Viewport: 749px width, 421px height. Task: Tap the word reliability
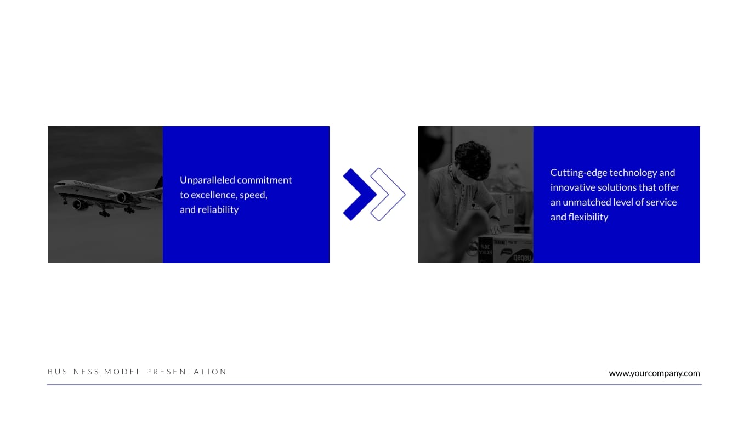[218, 210]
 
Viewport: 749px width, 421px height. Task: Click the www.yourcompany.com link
[654, 373]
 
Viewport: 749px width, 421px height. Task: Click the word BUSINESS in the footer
[73, 372]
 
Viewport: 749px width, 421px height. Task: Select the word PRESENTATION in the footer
[186, 372]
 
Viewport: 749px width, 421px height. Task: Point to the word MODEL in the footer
[123, 372]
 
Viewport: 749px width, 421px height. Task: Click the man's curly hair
[473, 156]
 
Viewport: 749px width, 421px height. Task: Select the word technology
[633, 173]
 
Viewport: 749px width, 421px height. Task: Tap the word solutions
[617, 187]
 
